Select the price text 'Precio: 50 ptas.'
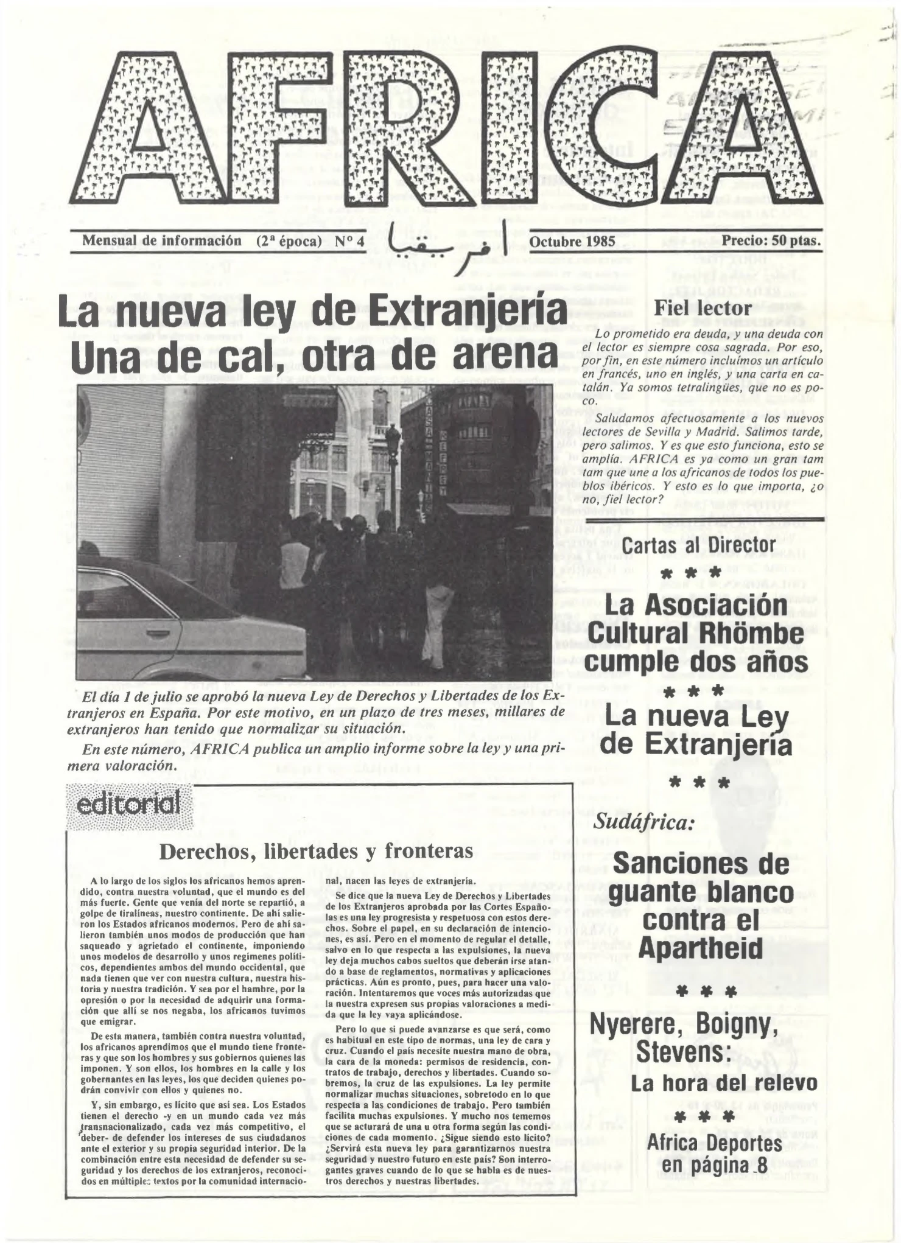771,240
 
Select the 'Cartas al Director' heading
698,545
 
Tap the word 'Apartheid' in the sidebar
700,948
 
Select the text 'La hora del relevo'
723,1084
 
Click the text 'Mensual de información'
162,241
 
